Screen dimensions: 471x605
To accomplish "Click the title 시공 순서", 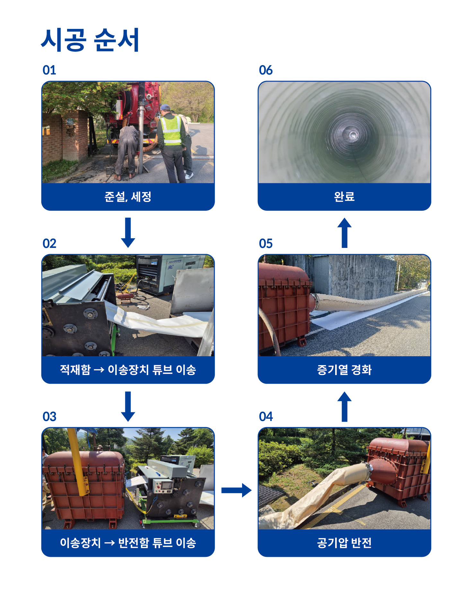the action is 90,40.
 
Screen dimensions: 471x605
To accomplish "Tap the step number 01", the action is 49,70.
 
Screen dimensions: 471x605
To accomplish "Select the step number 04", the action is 266,416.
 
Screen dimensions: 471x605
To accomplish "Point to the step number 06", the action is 266,70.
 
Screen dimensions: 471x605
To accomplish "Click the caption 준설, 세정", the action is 128,197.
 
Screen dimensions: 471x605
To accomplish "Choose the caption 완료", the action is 344,196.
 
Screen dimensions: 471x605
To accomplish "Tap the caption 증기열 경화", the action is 344,370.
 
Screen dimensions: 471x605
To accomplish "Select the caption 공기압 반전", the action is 344,543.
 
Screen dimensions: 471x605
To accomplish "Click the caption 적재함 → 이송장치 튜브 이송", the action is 128,370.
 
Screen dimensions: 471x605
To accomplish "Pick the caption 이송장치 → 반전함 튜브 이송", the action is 128,543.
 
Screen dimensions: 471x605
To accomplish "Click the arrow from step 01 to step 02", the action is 128,232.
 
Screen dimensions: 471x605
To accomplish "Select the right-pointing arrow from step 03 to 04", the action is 237,490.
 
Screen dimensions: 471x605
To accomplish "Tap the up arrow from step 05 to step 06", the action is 345,232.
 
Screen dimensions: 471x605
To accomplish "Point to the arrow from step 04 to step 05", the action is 345,406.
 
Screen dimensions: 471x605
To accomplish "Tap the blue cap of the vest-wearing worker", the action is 165,107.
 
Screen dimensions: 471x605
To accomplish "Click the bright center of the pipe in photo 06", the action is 353,135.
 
